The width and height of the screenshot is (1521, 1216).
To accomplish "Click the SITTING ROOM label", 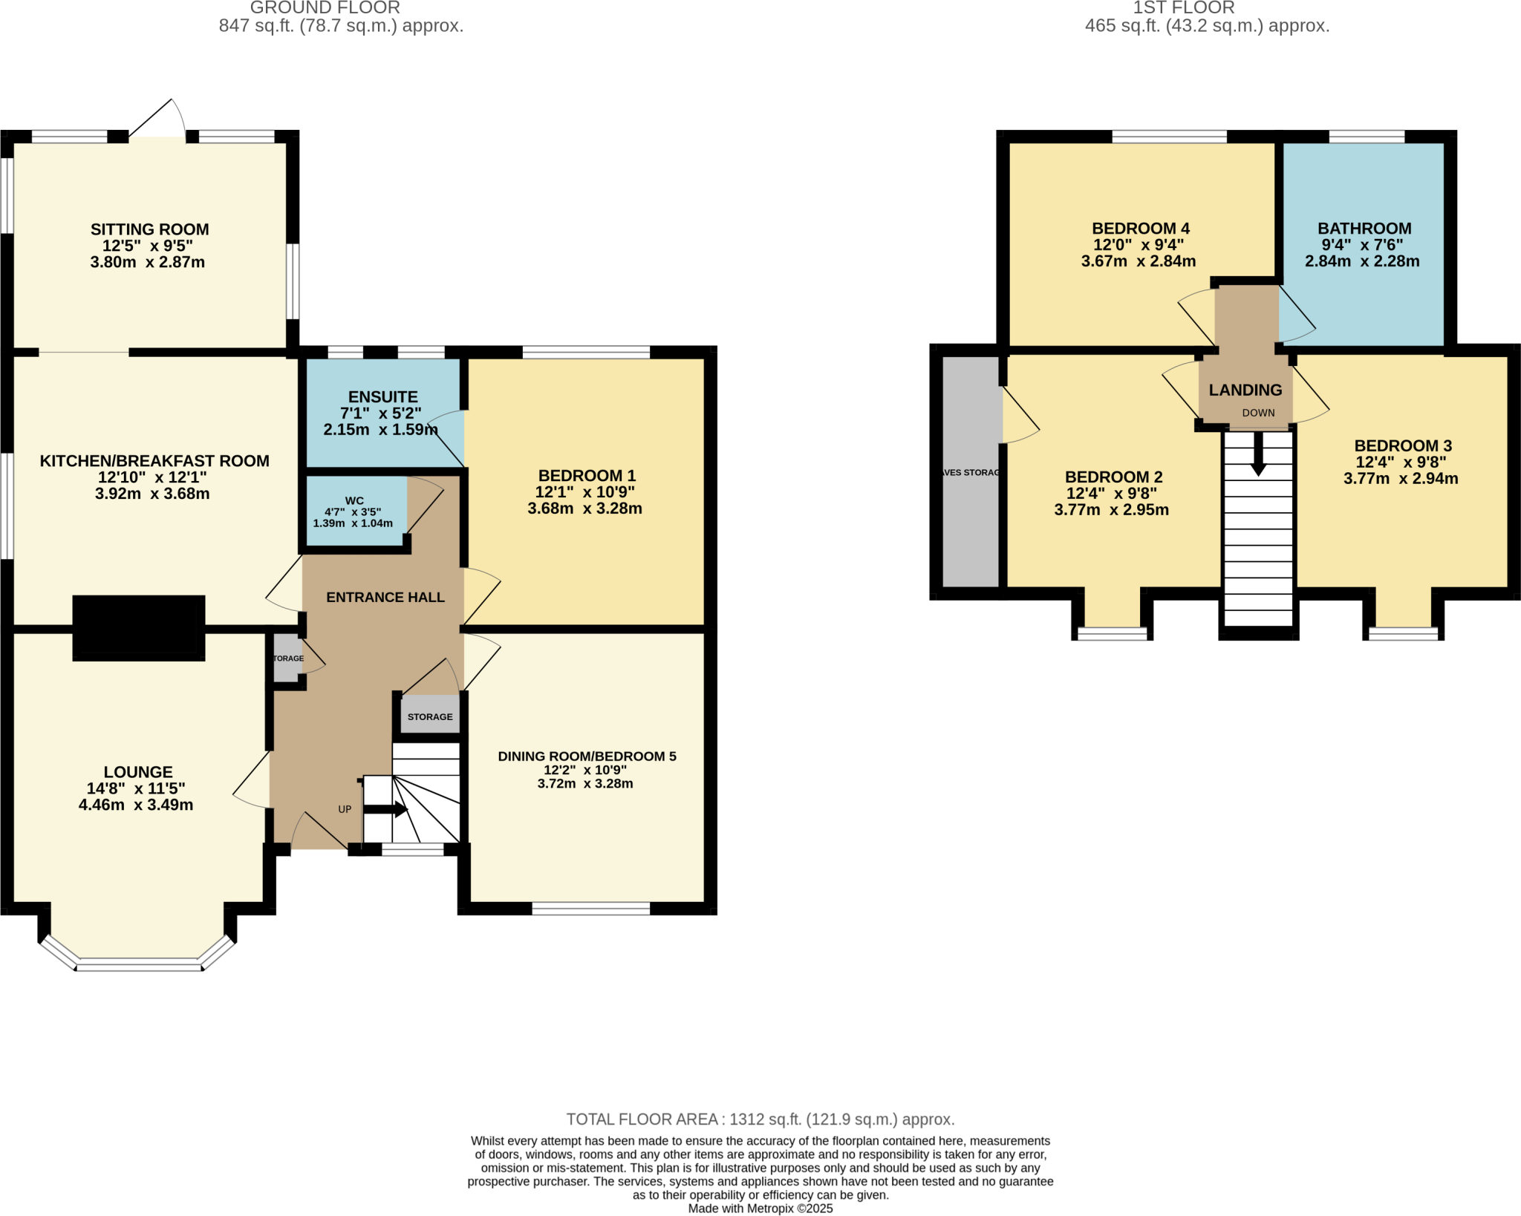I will [x=149, y=229].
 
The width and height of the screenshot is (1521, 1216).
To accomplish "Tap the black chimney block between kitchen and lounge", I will [x=139, y=628].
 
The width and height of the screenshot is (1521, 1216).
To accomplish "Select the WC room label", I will [x=354, y=501].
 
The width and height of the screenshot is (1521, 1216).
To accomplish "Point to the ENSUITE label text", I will [x=383, y=397].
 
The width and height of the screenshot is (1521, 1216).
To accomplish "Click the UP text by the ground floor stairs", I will [x=345, y=809].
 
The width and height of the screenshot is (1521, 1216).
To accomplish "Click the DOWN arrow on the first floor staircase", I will [x=1258, y=454].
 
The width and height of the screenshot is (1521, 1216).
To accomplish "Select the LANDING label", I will [x=1245, y=390].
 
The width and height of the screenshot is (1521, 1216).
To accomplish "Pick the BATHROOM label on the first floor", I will [x=1364, y=229].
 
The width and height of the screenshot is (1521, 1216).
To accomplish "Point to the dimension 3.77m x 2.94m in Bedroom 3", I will [x=1401, y=479].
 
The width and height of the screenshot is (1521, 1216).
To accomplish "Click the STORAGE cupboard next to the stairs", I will [x=430, y=716].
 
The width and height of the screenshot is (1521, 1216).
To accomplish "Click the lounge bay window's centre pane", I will [x=139, y=964].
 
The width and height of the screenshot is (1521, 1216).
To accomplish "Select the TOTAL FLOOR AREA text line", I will [x=760, y=1119].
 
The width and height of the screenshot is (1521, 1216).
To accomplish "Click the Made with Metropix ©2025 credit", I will [x=760, y=1209].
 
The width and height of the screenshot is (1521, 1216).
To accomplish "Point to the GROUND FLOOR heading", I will [x=325, y=8].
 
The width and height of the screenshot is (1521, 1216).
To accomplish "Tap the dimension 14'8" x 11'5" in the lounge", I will [x=136, y=788].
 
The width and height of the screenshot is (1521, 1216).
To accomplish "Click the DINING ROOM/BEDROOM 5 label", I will [x=587, y=756].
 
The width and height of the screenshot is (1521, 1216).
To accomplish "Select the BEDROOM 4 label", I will [x=1141, y=229].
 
